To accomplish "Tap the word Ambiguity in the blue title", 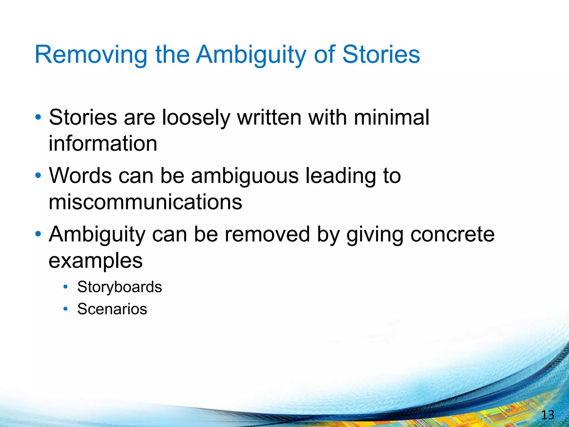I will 251,55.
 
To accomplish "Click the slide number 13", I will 548,415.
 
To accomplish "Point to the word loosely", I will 196,118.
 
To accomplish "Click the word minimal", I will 391,117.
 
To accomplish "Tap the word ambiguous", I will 245,176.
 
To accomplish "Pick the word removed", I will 267,234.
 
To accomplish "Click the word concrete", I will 452,234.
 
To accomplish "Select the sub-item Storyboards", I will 119,287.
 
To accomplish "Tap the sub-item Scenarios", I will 112,309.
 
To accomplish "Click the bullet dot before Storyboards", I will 66,287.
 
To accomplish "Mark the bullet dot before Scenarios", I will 66,309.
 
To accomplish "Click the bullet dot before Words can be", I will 38,176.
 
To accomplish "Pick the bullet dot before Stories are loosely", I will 38,117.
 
